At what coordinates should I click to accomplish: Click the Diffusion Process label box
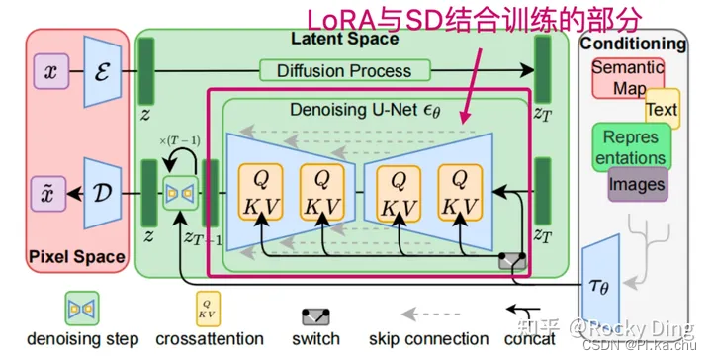point(346,70)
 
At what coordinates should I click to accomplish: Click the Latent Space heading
point(344,40)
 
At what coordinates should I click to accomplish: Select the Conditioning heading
point(632,44)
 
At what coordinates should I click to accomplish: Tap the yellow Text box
point(661,109)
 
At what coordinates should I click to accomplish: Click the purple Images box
point(636,184)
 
